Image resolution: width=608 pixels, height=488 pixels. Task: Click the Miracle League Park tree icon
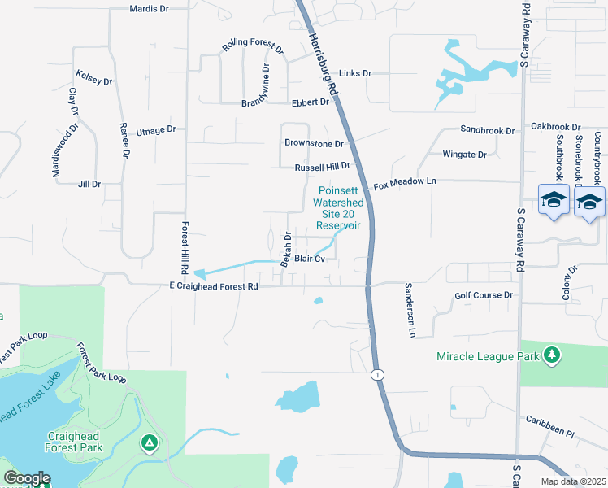click(x=552, y=355)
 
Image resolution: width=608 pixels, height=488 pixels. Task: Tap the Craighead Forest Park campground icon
click(x=149, y=442)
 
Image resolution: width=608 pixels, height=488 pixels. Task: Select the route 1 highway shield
click(x=377, y=373)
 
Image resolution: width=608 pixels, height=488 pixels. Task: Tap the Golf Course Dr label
click(x=484, y=296)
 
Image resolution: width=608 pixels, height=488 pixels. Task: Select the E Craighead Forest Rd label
click(x=213, y=286)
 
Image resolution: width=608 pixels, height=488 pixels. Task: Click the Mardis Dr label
click(x=149, y=9)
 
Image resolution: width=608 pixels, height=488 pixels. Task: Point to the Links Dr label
click(x=355, y=73)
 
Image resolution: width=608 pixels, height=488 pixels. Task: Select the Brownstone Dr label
click(x=315, y=143)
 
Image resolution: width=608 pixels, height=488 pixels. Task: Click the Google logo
click(x=27, y=478)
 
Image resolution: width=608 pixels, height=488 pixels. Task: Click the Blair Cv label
click(x=310, y=259)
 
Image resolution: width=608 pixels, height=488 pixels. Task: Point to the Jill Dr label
click(x=89, y=185)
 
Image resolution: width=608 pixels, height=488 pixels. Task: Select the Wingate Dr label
click(x=464, y=155)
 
